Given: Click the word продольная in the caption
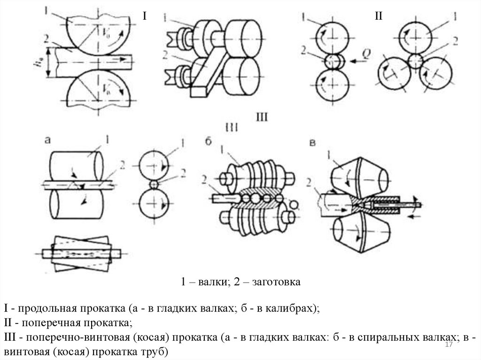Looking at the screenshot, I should coord(48,309).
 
